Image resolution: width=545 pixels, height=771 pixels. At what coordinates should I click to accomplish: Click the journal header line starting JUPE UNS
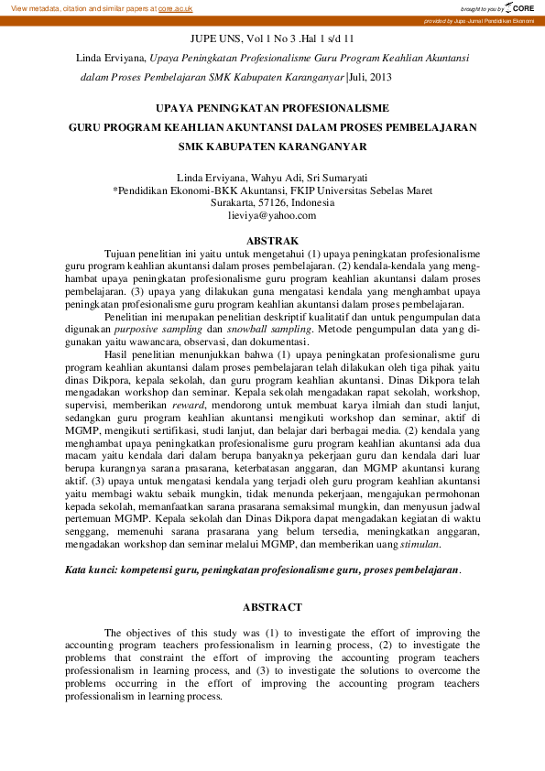point(272,38)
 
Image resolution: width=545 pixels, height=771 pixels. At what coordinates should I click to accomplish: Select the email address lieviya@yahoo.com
point(272,215)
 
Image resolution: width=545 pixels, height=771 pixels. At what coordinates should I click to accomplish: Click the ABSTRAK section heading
point(272,240)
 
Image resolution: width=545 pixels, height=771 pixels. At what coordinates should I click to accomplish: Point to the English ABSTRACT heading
point(272,607)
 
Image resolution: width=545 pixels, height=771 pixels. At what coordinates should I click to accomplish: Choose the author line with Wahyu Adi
point(272,177)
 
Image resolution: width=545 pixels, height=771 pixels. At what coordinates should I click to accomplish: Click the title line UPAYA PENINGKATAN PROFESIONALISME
point(272,107)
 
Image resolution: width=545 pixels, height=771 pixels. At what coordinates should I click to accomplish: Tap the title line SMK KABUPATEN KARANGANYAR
point(272,146)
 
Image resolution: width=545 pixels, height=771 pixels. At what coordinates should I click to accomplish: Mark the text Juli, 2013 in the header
point(374,79)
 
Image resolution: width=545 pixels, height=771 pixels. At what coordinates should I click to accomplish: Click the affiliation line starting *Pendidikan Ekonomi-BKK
point(272,190)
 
